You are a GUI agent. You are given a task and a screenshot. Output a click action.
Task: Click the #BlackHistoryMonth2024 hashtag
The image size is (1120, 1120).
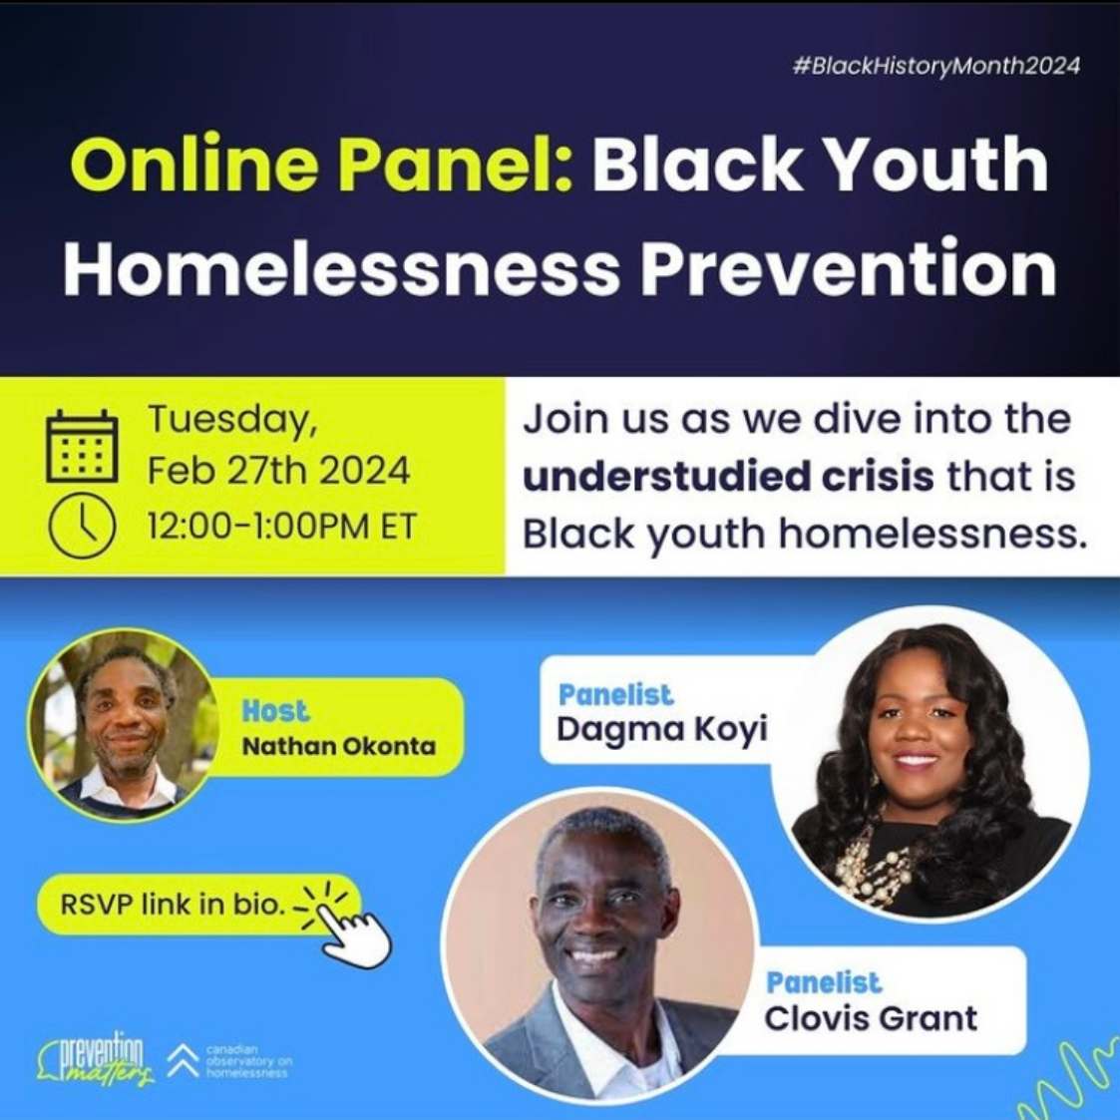[935, 66]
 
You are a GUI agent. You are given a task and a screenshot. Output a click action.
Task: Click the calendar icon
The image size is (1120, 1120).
[82, 447]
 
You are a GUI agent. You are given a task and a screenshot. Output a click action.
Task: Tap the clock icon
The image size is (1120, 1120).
[82, 526]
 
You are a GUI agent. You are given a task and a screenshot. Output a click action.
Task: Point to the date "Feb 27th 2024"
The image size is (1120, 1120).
[278, 470]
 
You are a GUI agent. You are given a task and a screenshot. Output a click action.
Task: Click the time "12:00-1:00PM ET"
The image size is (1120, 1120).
[281, 526]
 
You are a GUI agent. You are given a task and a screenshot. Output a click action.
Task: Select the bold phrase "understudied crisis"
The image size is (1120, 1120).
[728, 477]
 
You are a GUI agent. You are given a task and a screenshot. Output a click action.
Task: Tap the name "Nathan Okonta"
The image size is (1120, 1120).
[339, 745]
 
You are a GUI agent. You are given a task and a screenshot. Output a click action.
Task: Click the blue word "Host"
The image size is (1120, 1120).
[275, 711]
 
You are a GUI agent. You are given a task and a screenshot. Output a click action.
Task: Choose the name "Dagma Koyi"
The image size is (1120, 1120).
[661, 729]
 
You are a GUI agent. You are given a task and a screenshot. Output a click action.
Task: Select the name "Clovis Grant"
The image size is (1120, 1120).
[871, 1018]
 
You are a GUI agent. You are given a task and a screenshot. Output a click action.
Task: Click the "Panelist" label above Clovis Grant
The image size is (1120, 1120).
[824, 982]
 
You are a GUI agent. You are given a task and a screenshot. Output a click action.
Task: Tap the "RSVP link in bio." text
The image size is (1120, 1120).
[173, 906]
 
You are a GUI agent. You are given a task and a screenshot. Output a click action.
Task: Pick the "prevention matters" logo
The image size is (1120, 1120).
[97, 1061]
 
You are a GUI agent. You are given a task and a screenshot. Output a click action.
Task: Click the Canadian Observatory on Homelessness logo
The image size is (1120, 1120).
[229, 1061]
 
